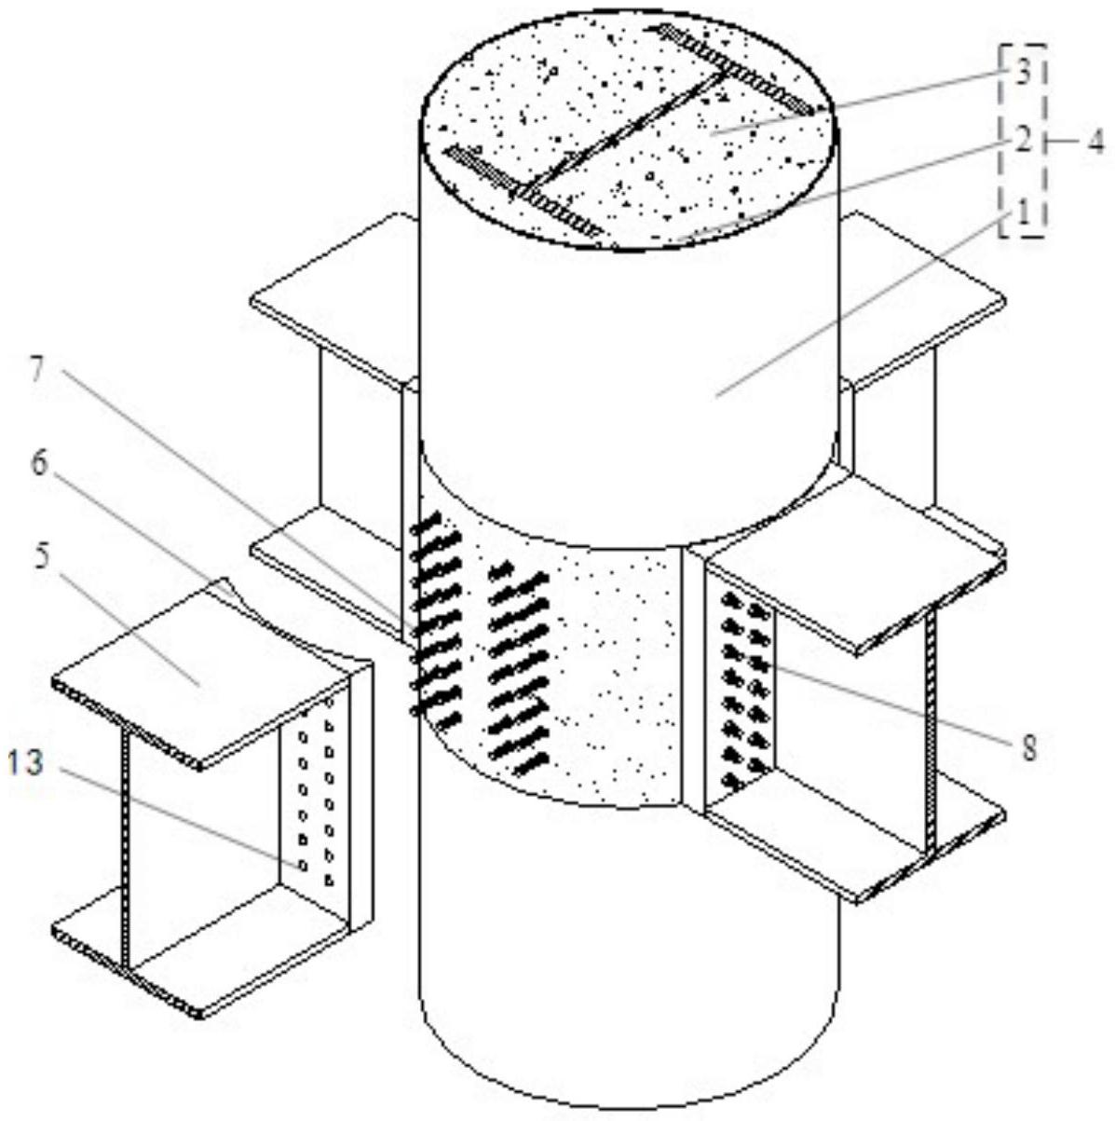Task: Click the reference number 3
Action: (x=1024, y=74)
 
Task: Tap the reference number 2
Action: (x=1024, y=141)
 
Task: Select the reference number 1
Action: (x=1024, y=213)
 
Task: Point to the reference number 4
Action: (x=1095, y=142)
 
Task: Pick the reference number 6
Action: (x=39, y=463)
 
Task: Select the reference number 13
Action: (x=25, y=763)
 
